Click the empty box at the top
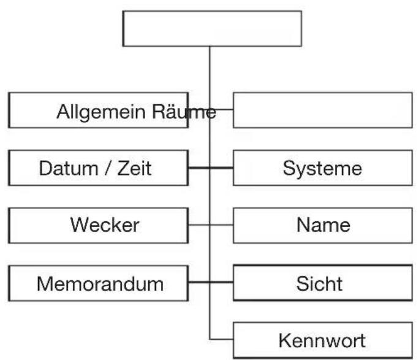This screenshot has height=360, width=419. (212, 28)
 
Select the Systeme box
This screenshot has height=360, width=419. (322, 168)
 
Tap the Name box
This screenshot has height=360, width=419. (322, 225)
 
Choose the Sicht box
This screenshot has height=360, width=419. (322, 283)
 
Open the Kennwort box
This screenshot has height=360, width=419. (322, 340)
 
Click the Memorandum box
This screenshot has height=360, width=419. (98, 283)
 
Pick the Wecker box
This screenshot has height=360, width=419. (98, 225)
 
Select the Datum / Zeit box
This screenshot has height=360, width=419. (98, 168)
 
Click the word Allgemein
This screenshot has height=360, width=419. (95, 112)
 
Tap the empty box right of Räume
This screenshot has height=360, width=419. (322, 110)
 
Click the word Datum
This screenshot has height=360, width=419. (63, 168)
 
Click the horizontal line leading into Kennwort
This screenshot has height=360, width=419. (222, 340)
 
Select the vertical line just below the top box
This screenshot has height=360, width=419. (210, 67)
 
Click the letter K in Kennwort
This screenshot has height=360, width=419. (284, 340)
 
